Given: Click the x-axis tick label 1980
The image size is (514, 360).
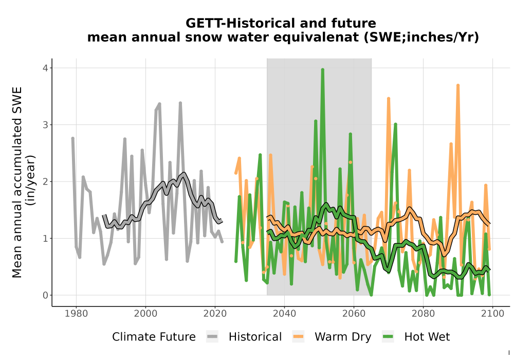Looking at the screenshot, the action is [x=76, y=313].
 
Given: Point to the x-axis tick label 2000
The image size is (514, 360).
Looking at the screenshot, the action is [x=145, y=313].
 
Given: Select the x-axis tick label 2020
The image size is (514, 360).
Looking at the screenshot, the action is [x=215, y=313].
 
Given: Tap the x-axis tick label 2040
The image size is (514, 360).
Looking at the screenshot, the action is [x=285, y=313].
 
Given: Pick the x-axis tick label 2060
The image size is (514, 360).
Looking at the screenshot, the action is [x=354, y=313].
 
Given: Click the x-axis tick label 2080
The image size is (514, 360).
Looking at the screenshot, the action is [x=423, y=313].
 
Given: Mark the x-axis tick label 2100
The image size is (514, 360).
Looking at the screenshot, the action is [x=493, y=313].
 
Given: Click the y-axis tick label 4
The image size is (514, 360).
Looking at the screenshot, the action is [x=45, y=68].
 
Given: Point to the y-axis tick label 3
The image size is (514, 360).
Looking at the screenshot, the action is [x=45, y=125].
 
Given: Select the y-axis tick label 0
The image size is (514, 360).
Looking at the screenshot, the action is [x=45, y=295].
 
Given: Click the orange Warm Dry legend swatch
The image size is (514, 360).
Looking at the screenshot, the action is [x=298, y=337].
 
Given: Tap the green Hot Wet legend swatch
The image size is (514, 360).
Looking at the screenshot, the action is [x=388, y=337].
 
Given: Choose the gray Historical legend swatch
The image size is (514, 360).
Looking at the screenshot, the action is [x=212, y=337].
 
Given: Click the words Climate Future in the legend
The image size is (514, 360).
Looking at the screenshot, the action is [x=154, y=337].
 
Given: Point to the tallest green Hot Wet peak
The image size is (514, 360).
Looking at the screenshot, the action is [x=323, y=69].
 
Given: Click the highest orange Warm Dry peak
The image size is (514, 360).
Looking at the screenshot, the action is [x=458, y=85].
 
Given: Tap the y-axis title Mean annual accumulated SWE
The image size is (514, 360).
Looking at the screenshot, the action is [x=17, y=182].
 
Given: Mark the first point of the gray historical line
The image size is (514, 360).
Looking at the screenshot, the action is [x=73, y=138].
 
